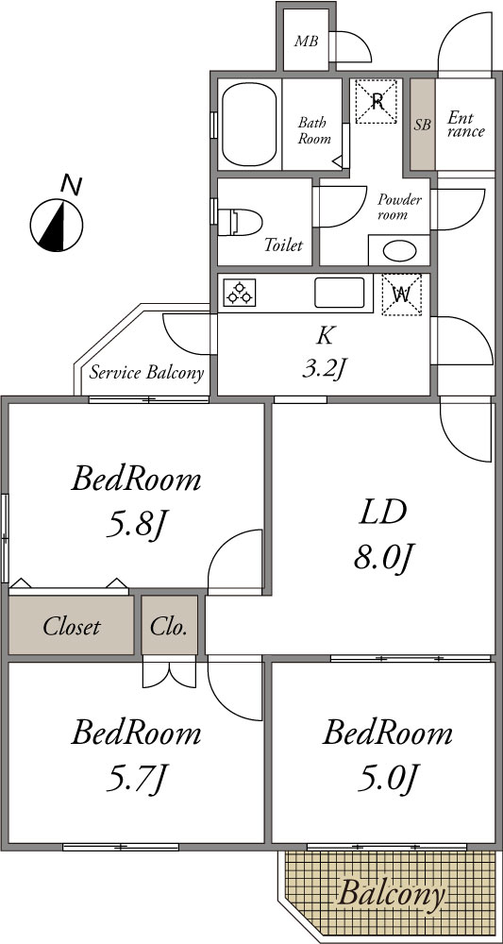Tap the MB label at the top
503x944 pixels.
point(306,42)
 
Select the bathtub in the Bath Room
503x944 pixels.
point(249,125)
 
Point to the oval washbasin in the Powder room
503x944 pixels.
point(398,250)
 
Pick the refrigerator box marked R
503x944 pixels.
point(376,102)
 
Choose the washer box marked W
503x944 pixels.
point(401,295)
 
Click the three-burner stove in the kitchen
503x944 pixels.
point(240,293)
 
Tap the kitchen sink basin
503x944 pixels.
point(339,293)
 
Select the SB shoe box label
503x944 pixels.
point(423,126)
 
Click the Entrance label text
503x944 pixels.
point(465,125)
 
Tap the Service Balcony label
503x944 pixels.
point(147,373)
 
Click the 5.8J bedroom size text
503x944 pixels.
point(134,524)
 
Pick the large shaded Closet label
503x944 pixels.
point(71,627)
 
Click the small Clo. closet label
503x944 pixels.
point(169,627)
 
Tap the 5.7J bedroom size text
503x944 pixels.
point(134,781)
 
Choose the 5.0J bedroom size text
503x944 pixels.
point(386,781)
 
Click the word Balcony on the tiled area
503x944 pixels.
point(391,894)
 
